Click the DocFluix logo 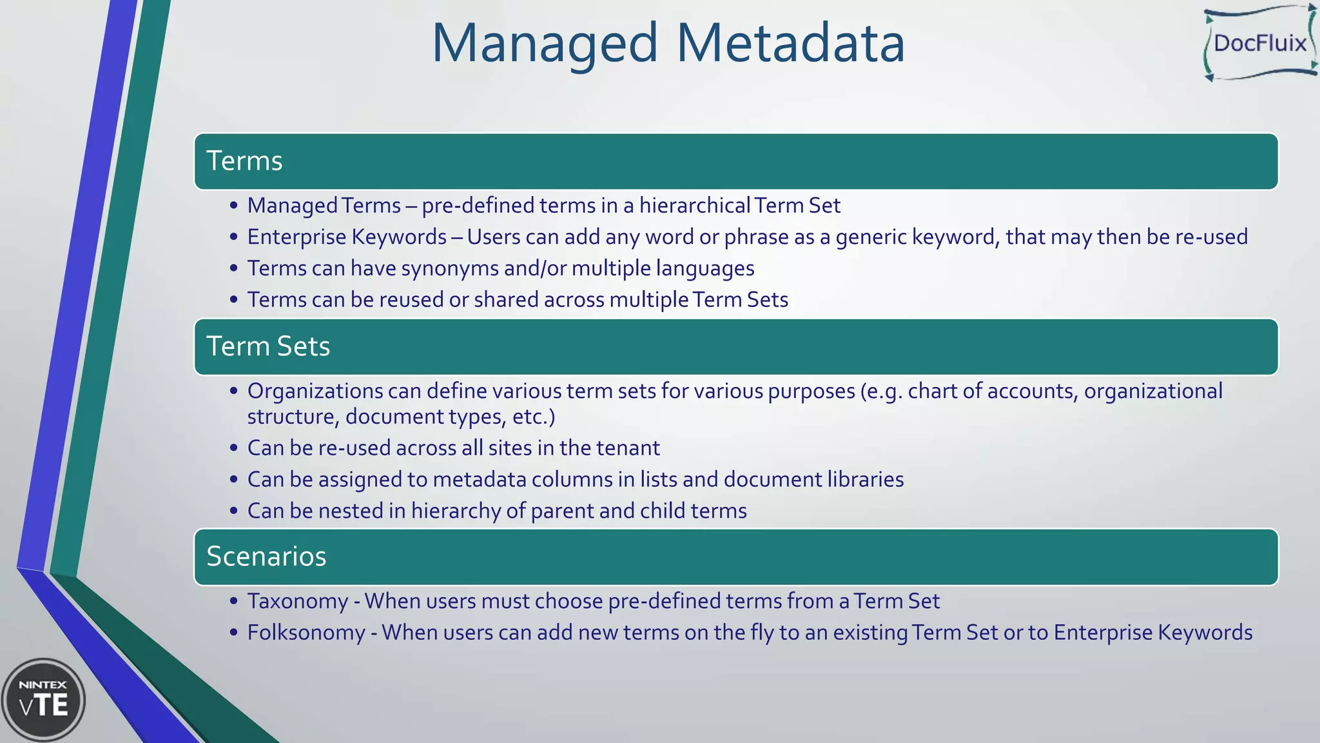coord(1259,43)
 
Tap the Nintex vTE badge coord(43,699)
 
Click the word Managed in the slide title coord(545,44)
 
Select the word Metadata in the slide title coord(790,44)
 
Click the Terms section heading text coord(244,161)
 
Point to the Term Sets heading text coord(268,346)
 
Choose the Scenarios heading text coord(266,557)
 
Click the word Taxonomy coord(298,601)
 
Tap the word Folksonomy coord(306,633)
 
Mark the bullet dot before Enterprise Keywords coord(233,237)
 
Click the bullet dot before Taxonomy coord(233,601)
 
